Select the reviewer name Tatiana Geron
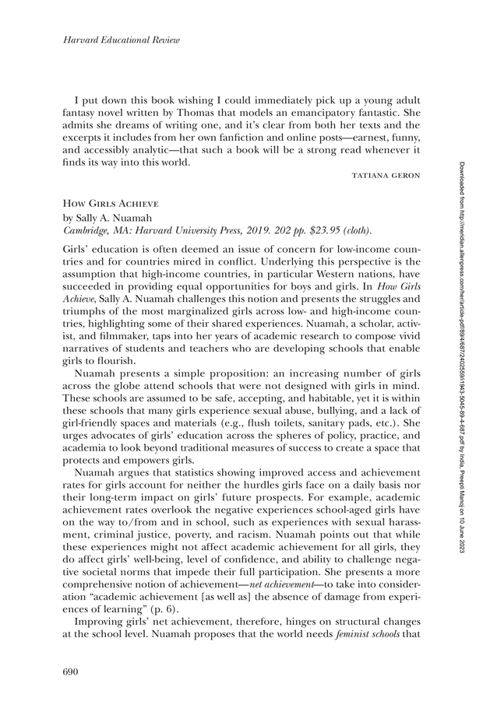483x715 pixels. pyautogui.click(x=387, y=176)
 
